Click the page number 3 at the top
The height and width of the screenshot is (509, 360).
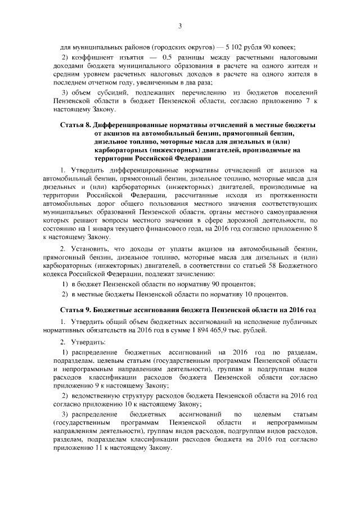(x=180, y=26)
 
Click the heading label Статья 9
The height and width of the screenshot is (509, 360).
(x=77, y=310)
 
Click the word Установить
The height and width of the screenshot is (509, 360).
(x=92, y=248)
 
